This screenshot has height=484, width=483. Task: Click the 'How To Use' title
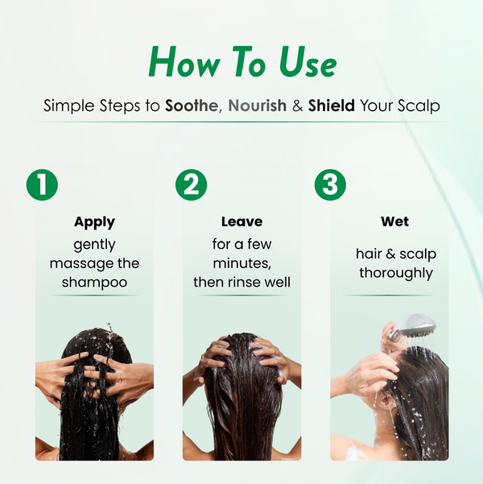(242, 63)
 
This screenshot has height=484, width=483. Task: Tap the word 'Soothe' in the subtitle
(192, 106)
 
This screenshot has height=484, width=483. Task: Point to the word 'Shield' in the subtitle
(332, 106)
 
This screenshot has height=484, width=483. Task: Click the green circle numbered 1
(43, 185)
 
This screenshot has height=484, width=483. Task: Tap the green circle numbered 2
(192, 185)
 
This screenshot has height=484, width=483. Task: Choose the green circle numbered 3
(329, 185)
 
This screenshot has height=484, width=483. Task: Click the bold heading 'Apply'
(94, 221)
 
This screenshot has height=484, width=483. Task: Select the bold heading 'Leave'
(242, 221)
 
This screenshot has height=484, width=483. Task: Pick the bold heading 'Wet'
(395, 221)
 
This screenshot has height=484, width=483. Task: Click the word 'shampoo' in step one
(94, 283)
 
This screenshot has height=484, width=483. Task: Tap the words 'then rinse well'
(242, 283)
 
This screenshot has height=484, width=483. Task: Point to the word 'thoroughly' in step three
(395, 273)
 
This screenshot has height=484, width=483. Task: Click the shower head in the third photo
(415, 327)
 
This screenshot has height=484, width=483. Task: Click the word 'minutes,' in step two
(242, 263)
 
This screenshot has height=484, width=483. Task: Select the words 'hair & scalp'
(395, 254)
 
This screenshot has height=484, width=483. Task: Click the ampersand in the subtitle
(297, 106)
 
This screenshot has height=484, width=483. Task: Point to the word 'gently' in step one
(94, 244)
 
